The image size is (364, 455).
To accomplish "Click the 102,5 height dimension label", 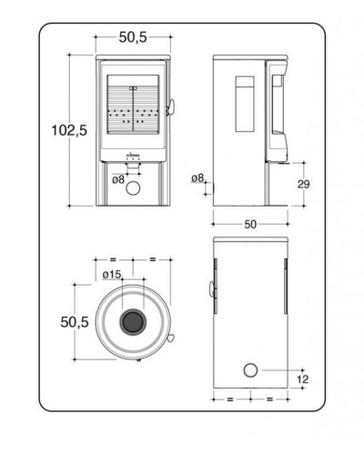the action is pos(69,130).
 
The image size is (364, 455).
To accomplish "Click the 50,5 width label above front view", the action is pos(133,37).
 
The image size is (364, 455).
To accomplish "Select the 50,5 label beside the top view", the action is pos(75,322).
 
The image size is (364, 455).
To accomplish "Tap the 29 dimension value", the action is pos(303,184).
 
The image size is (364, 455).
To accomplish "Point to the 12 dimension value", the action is pos(302,379).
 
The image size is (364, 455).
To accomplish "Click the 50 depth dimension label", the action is pos(250,225).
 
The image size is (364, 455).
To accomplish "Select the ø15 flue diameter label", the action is pos(112,275).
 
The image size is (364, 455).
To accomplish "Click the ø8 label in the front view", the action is pos(118,179).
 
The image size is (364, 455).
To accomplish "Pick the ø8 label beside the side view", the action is pos(197,178).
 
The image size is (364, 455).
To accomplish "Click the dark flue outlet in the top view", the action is pos(133,322).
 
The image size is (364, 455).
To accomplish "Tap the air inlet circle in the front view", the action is pos(133,188).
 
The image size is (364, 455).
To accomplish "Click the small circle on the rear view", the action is pos(250,370).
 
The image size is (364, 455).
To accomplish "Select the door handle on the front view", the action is pos(170,107).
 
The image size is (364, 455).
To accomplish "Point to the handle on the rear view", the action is pos(211,288).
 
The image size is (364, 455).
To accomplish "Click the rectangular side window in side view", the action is pos(245,104).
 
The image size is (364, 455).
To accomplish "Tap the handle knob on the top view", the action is pos(170,337).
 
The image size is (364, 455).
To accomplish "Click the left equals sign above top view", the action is pos(113,259).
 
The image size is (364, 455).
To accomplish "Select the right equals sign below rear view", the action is pos(269,399).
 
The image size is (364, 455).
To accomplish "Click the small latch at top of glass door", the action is pos(133,88).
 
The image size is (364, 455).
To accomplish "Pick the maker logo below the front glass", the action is pos(134,156).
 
